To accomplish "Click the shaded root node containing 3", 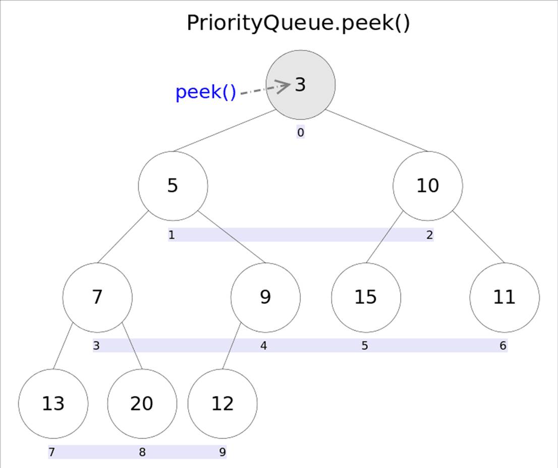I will (301, 84).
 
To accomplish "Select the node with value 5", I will (173, 186).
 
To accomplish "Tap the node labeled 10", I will (427, 186).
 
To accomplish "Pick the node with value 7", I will (97, 297).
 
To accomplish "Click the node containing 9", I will (265, 297).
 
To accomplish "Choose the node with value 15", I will (366, 297).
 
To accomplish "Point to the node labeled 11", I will (504, 297).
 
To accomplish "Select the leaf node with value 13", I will (53, 404).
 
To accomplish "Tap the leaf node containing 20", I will (142, 404).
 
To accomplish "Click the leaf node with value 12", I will (222, 404).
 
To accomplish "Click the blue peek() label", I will (205, 93).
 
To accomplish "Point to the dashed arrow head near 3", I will (285, 86).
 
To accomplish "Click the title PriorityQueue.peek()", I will (298, 23).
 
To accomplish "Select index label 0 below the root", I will (301, 133).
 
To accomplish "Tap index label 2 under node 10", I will (429, 235).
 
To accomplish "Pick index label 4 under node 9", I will (264, 346).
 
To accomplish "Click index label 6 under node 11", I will (503, 346).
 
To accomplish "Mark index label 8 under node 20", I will (142, 452).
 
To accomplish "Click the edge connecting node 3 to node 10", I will (376, 130).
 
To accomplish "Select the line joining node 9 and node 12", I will (232, 347).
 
